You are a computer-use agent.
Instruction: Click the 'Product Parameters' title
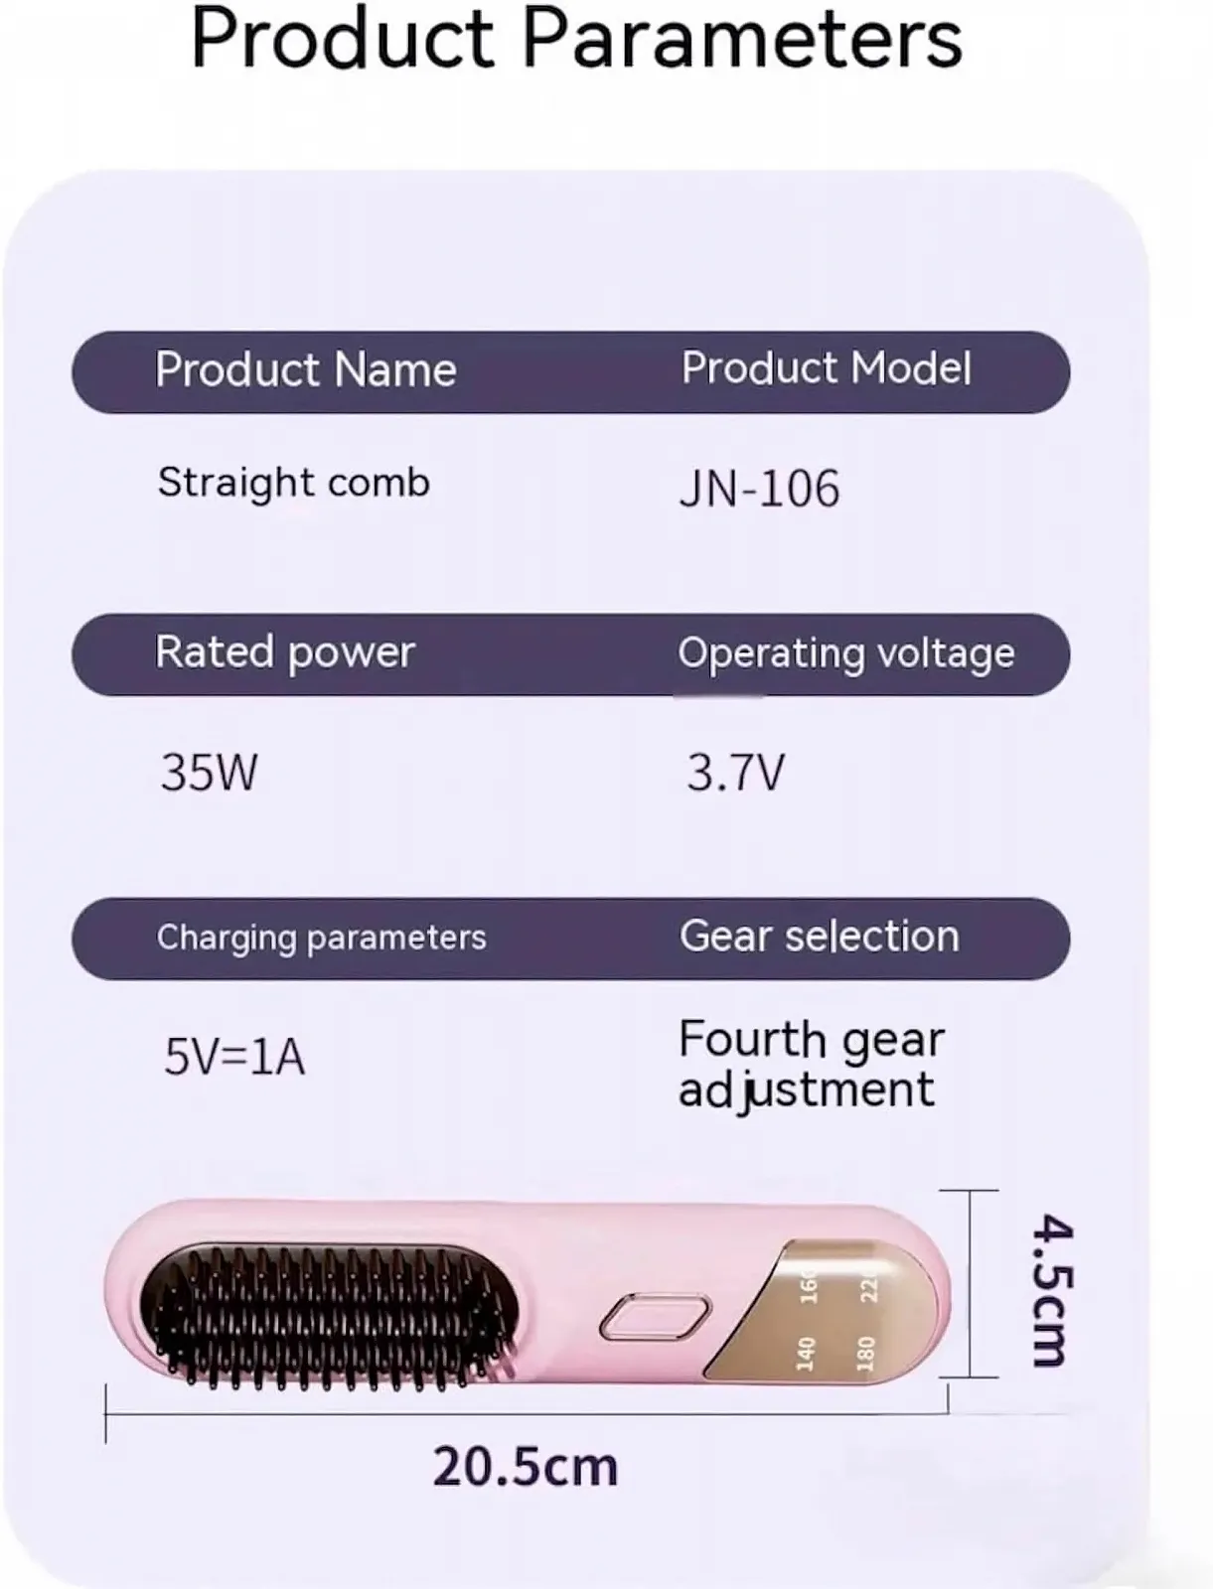coord(576,39)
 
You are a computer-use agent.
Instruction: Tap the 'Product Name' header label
coord(306,369)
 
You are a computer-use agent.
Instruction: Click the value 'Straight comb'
coord(294,484)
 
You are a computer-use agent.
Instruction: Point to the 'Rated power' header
coord(285,652)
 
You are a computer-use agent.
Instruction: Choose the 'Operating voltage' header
coord(846,654)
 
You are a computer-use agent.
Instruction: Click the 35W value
coord(210,772)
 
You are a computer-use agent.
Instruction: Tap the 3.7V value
coord(735,772)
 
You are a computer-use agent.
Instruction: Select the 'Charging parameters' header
coord(322,939)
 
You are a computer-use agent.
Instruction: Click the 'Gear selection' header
coord(819,937)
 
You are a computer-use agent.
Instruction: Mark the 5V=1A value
coord(234,1057)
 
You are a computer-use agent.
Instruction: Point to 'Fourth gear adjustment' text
coord(812,1065)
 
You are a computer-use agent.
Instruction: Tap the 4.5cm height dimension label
coord(1051,1291)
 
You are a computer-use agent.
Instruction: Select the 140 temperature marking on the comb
coord(806,1354)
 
